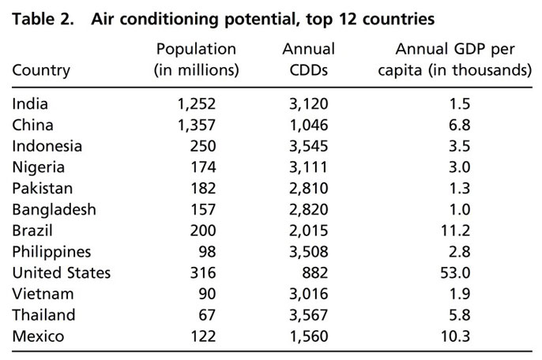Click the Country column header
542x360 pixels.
click(41, 70)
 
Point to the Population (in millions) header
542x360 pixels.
click(195, 59)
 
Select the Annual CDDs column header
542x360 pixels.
click(308, 59)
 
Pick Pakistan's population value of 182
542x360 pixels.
click(202, 189)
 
